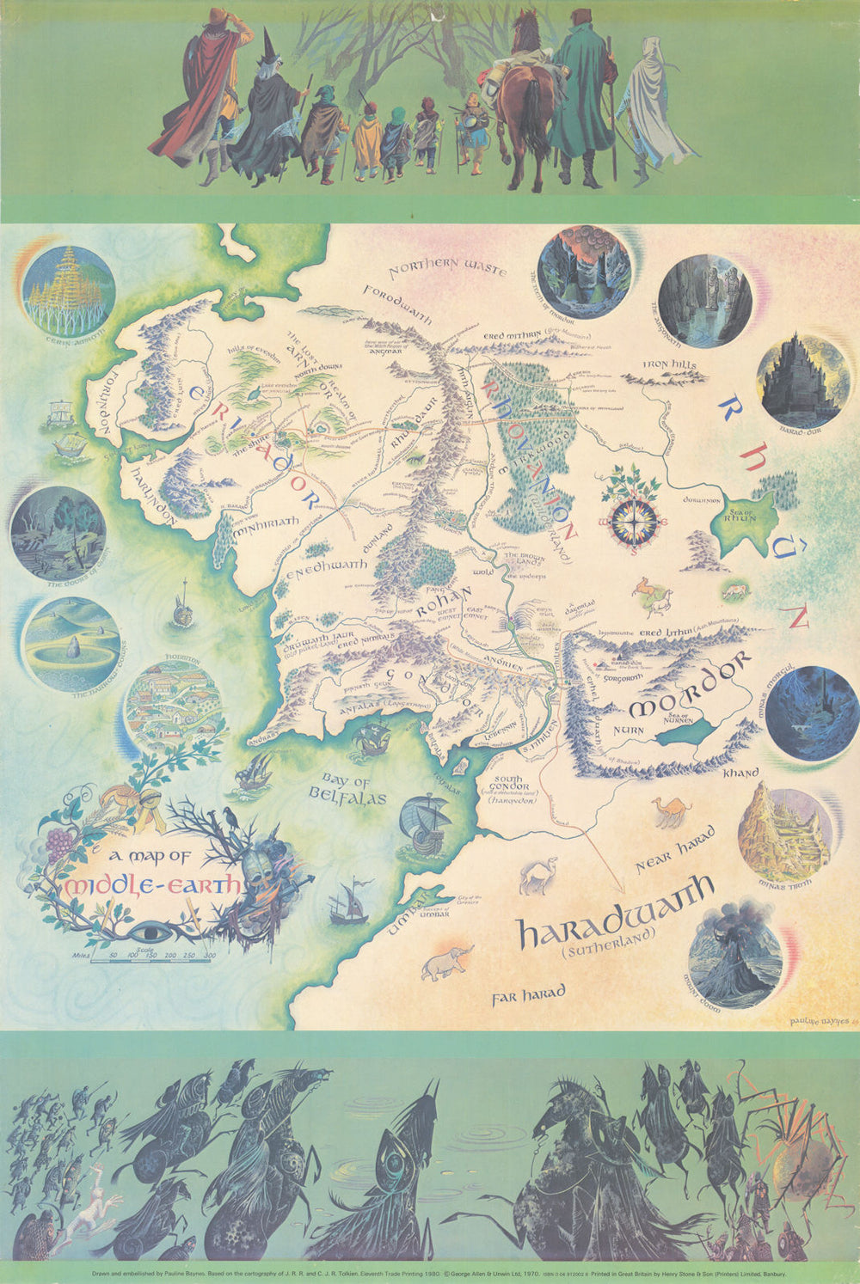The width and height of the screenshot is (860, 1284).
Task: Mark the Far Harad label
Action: (x=528, y=994)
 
